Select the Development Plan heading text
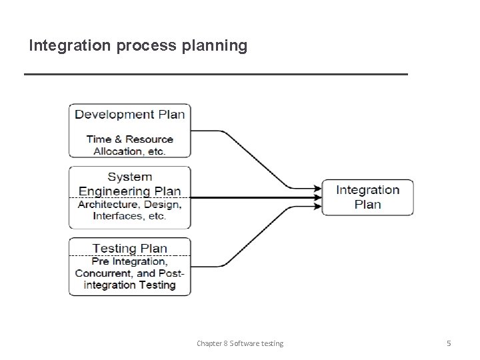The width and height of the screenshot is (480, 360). tap(130, 114)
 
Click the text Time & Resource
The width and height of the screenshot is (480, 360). tap(130, 139)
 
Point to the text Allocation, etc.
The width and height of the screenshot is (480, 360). tap(130, 151)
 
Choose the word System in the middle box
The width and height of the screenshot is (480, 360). tap(130, 177)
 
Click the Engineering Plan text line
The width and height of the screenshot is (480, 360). tap(130, 191)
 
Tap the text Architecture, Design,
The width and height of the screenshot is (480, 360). tap(130, 205)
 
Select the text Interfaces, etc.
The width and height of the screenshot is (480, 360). tap(130, 217)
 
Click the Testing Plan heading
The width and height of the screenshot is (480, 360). tap(130, 248)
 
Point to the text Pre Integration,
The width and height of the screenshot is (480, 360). tap(130, 261)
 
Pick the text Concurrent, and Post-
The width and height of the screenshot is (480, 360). tap(130, 273)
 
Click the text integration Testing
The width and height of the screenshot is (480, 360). tap(130, 285)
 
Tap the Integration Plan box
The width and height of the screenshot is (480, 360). tap(367, 197)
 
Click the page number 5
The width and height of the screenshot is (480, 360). tap(449, 343)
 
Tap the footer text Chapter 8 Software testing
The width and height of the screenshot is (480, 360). tap(240, 343)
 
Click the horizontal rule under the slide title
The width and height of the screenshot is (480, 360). tap(215, 74)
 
